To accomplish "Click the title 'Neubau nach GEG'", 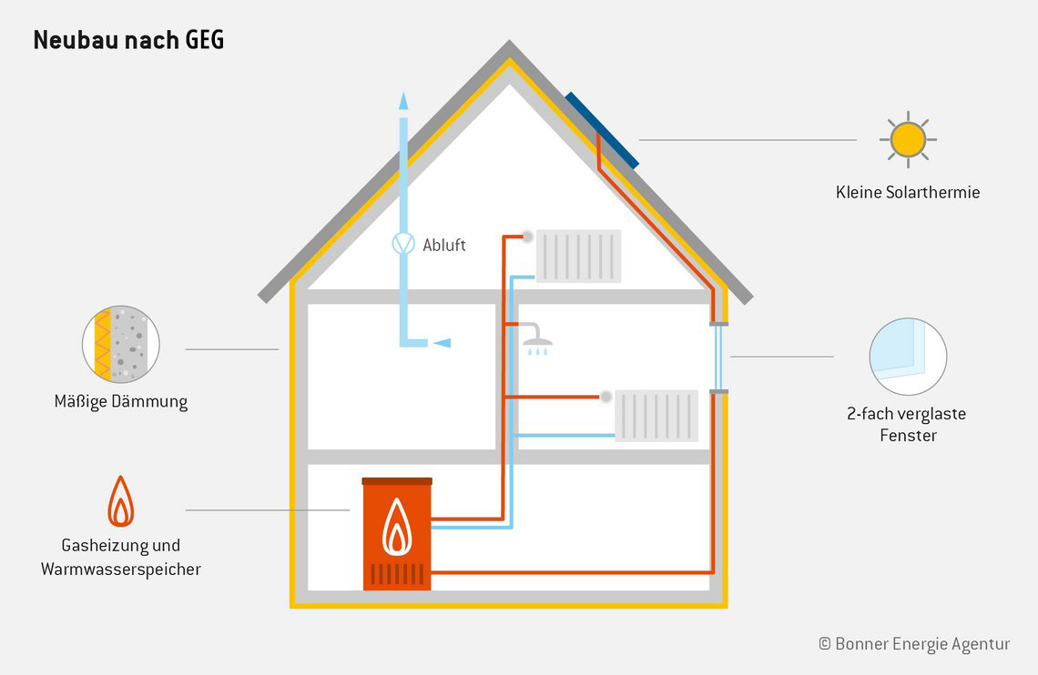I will click(x=128, y=41).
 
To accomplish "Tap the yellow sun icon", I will click(x=908, y=139).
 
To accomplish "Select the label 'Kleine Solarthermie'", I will click(x=908, y=192).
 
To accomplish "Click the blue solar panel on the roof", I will click(x=602, y=129).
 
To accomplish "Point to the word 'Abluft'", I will click(x=444, y=245).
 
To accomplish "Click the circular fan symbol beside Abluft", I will click(x=402, y=244).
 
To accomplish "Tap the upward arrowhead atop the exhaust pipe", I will click(x=402, y=100).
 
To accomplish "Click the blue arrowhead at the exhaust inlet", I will click(x=442, y=342).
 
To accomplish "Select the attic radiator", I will click(x=579, y=256).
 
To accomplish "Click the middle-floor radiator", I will click(x=656, y=416).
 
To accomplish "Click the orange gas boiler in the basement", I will click(x=397, y=534).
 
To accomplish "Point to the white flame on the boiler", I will click(x=396, y=527).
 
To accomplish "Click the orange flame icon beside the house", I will click(x=120, y=501).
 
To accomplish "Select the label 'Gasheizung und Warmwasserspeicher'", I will click(x=120, y=557).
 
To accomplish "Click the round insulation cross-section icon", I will click(x=121, y=344).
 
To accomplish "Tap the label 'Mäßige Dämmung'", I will click(x=121, y=401).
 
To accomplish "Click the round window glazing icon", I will click(x=907, y=357).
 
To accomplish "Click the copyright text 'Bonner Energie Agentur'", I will click(x=915, y=643).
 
